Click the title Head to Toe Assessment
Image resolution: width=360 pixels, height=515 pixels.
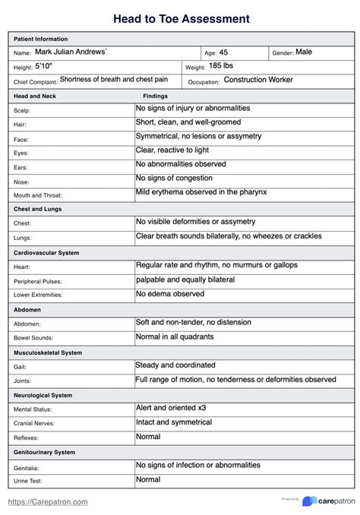click(x=180, y=17)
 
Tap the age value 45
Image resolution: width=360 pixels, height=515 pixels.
click(x=223, y=52)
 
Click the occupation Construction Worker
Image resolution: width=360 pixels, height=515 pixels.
click(x=258, y=80)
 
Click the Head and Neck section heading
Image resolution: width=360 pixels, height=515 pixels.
click(x=34, y=96)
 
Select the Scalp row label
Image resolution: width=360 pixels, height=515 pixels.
click(x=22, y=111)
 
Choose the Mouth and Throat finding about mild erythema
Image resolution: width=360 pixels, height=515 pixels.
click(x=201, y=192)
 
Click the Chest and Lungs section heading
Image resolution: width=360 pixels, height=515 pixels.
click(x=38, y=209)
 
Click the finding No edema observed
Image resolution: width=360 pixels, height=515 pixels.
click(x=170, y=293)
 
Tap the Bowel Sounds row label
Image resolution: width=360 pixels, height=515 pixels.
click(x=33, y=338)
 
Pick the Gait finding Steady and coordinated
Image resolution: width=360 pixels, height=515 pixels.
click(x=175, y=365)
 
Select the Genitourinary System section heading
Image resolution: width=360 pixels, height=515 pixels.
click(x=45, y=452)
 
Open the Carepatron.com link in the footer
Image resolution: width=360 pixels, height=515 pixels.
click(x=48, y=501)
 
